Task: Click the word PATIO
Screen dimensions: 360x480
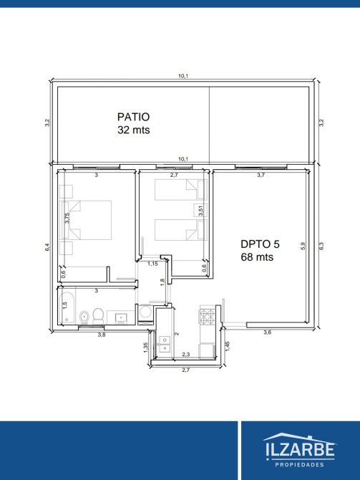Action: [x=133, y=117]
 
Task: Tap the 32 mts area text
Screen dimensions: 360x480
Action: [x=134, y=130]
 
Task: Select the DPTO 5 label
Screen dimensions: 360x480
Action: [x=260, y=244]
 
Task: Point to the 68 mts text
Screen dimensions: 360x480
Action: [x=257, y=257]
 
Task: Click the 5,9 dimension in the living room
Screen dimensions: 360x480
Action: [x=303, y=246]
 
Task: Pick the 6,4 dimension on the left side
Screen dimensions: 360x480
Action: [x=47, y=247]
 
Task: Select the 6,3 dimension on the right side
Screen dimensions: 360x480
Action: [x=321, y=246]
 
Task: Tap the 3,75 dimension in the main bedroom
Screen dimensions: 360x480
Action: [x=67, y=218]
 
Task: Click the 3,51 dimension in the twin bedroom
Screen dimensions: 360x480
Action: [x=200, y=211]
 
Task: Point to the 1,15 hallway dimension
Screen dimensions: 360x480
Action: [x=152, y=264]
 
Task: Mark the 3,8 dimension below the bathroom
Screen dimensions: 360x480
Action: [x=102, y=335]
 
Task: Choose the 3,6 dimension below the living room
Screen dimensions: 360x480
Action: [x=268, y=332]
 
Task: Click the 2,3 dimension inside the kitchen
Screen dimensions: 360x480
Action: [x=186, y=355]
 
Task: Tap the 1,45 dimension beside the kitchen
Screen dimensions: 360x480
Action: [x=228, y=346]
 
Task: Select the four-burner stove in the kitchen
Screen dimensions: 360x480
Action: [x=208, y=317]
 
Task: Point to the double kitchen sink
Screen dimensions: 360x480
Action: [x=165, y=344]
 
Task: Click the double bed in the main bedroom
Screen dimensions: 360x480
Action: [x=87, y=220]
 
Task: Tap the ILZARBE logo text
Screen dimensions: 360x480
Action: [x=300, y=450]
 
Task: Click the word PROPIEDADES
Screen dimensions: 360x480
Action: [x=300, y=465]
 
